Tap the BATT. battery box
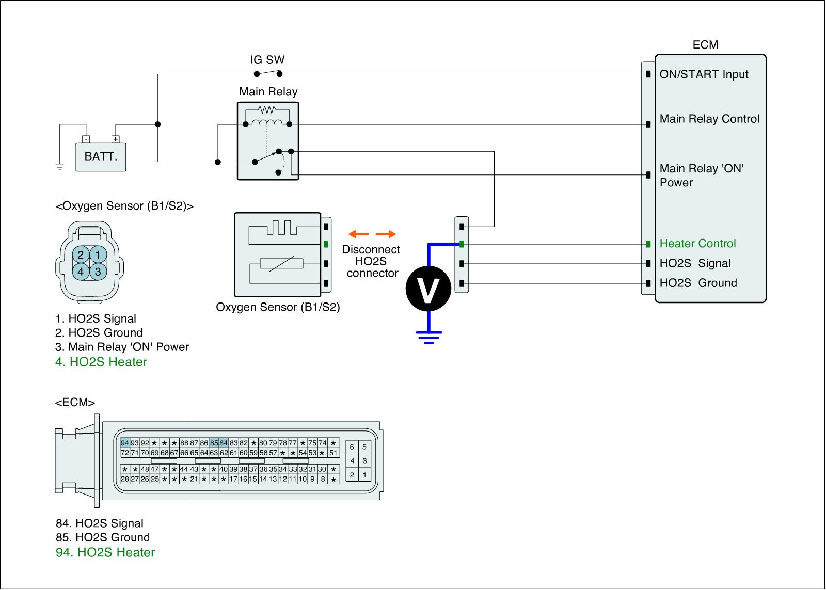click(101, 156)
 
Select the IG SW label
click(267, 60)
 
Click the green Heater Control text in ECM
click(697, 244)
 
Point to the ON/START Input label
click(704, 74)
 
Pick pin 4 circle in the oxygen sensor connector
click(81, 271)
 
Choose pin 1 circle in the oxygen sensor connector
click(98, 254)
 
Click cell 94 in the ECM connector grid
click(124, 443)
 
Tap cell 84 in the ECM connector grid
click(224, 443)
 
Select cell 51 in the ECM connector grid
click(333, 453)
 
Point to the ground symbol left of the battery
click(59, 167)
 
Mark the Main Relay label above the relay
click(268, 92)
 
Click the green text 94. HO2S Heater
click(105, 552)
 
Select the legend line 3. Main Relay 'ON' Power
click(122, 347)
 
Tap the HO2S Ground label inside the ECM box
click(698, 283)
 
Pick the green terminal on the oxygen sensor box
click(326, 244)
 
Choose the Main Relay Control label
click(709, 119)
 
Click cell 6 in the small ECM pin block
click(352, 447)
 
